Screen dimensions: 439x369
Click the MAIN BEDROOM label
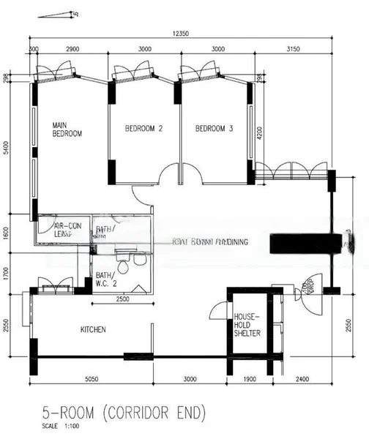coord(67,130)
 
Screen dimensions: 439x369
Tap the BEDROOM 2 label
coord(143,129)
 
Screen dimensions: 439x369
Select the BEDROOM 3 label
coord(214,129)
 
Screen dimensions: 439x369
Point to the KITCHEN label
coord(93,330)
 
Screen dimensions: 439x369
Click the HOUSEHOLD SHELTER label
coord(243,326)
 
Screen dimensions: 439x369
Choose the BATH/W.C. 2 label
coord(105,280)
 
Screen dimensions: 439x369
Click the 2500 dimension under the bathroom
coord(122,299)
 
